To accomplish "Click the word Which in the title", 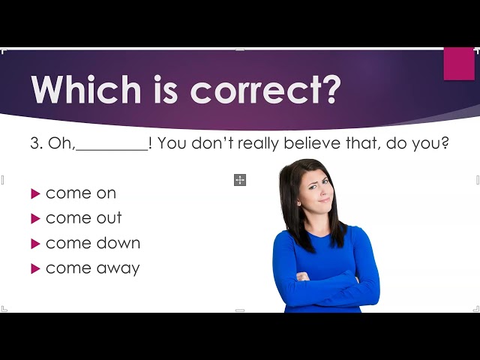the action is point(86,89).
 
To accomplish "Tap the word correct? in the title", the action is point(265,90).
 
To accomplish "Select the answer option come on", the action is point(81,193).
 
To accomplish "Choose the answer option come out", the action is point(83,218).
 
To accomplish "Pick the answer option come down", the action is point(93,243).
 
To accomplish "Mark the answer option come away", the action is point(93,268).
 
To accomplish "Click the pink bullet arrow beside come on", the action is point(36,193).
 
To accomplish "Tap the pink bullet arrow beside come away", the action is point(36,268).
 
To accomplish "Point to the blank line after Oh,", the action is point(112,150).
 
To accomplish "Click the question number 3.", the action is point(37,143).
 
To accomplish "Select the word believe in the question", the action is point(312,142).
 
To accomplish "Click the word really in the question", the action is point(258,143).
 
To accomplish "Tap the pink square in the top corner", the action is point(459,64).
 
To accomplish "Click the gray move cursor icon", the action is point(240,180).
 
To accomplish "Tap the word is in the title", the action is point(166,90).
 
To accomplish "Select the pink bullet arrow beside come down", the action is point(36,244).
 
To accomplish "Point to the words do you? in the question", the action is point(418,143).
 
